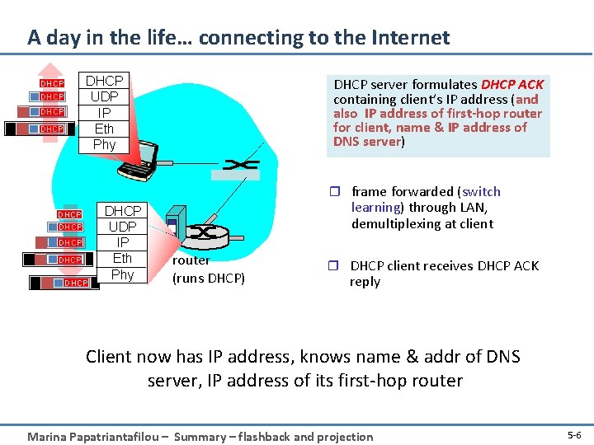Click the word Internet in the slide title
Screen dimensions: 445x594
click(409, 38)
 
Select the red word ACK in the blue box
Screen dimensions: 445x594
click(530, 84)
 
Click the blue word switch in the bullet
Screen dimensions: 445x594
click(481, 191)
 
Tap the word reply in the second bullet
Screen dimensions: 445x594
click(365, 282)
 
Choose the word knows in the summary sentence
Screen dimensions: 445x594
click(324, 357)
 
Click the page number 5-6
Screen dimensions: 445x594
click(574, 434)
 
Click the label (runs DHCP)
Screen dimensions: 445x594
click(209, 278)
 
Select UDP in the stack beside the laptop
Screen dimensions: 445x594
click(105, 97)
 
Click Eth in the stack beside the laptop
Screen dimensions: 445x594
click(105, 129)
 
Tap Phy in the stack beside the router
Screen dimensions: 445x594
click(122, 274)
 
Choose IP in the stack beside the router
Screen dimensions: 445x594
click(122, 242)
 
